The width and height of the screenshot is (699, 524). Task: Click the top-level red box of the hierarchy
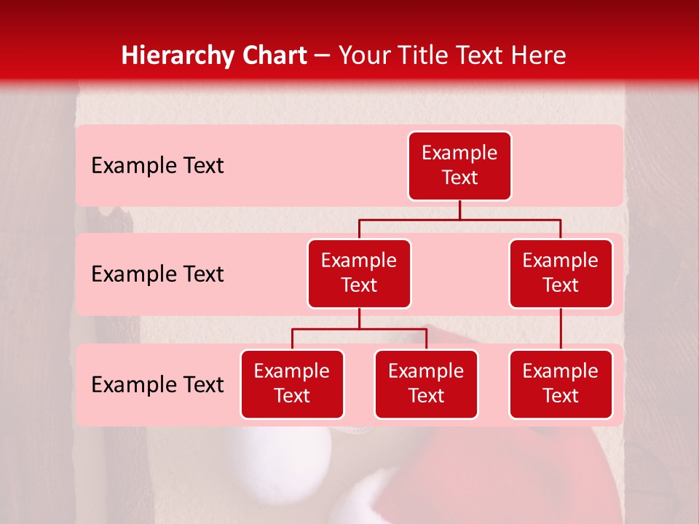[459, 166]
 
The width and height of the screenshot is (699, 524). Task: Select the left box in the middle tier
[359, 274]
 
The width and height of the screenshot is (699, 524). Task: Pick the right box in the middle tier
[561, 274]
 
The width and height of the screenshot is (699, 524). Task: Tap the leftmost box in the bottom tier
[292, 384]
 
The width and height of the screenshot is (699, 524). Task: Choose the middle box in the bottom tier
[426, 384]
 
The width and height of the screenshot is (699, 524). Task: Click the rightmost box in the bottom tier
[561, 384]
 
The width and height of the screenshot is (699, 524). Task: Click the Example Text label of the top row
[157, 166]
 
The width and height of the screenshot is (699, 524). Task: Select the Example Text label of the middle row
[157, 274]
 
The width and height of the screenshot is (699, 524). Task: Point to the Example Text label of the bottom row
[157, 385]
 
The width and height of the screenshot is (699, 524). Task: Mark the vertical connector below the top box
[459, 210]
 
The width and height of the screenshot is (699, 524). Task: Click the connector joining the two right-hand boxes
[561, 329]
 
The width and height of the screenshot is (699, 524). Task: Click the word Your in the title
[362, 56]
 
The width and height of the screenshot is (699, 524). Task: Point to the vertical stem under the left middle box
[359, 318]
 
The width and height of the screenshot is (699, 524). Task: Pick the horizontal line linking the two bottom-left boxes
[359, 329]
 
